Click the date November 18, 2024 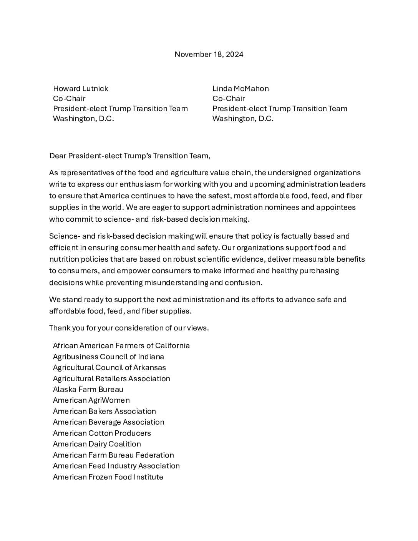coord(209,54)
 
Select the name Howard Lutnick coord(81,88)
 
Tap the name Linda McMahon coord(241,88)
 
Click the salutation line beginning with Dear coord(129,156)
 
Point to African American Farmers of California coord(121,345)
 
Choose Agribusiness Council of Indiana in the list coord(108,357)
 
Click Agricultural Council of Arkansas coord(109,367)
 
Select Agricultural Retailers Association coord(111,378)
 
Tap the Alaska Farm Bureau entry coord(88,389)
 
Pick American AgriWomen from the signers coord(91,400)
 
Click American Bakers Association coord(104,411)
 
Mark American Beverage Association coord(109,422)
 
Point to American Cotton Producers coord(102,433)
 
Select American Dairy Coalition coord(97,444)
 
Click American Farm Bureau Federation coord(113,455)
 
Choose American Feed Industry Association coord(116,466)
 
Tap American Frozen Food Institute coord(108,477)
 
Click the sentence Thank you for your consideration coord(129,328)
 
